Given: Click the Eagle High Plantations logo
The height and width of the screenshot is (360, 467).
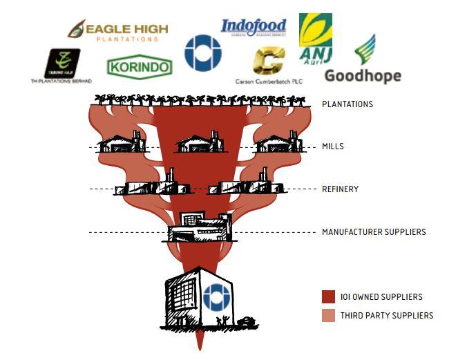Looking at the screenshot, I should (118, 30).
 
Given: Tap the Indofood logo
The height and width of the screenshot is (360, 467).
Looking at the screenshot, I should (253, 28).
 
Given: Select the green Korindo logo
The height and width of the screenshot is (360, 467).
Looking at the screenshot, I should (140, 67).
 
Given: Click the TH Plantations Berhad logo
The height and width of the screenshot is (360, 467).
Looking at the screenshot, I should (62, 65).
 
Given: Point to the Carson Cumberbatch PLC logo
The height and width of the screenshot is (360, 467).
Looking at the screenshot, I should (268, 64).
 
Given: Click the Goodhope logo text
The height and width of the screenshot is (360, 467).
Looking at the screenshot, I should (362, 75).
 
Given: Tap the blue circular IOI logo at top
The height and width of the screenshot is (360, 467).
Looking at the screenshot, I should (202, 53).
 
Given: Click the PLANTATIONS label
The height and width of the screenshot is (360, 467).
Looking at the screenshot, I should (347, 104).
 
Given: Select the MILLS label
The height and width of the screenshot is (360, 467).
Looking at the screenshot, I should (332, 146).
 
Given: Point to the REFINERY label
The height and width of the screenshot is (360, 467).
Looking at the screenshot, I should (340, 189).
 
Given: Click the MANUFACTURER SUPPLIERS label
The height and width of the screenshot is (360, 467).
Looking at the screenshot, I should (374, 231).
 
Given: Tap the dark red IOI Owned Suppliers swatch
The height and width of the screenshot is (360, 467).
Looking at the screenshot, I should (328, 296).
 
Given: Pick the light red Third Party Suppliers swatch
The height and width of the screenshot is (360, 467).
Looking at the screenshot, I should (328, 315).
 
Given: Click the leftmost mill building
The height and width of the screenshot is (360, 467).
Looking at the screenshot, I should (122, 143).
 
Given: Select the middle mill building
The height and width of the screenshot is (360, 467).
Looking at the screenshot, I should (199, 143).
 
